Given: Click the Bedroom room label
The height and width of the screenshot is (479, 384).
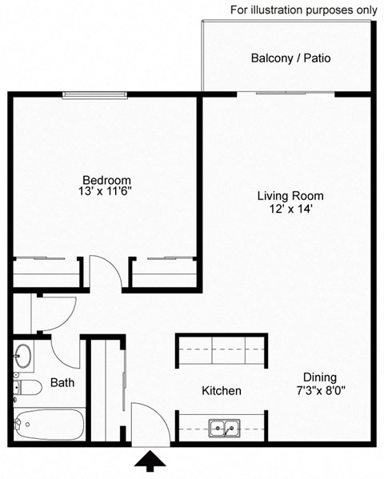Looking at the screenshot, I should coord(106,180).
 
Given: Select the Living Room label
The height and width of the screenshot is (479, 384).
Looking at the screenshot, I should coord(290,196).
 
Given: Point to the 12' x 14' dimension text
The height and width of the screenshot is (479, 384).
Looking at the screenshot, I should coord(290,209).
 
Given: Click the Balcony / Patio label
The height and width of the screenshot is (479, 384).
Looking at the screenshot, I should coord(290,58).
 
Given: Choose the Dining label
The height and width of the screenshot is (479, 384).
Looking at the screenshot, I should coord(319,377).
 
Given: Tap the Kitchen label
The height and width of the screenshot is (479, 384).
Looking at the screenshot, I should coord(221,391).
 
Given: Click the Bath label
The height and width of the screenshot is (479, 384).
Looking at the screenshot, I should coord(62,383).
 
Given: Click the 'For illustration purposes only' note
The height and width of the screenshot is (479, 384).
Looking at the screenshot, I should coord(303,10).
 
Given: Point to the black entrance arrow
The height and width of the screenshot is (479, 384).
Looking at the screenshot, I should coord(151,460).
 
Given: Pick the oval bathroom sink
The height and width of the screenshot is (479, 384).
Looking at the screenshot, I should coord(24,355).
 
